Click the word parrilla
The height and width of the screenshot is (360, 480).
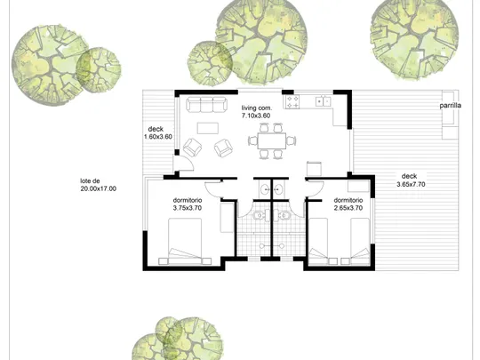click(451, 106)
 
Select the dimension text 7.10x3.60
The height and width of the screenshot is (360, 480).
click(256, 116)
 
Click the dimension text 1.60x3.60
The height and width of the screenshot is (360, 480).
click(158, 137)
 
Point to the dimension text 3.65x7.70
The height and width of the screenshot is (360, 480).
click(411, 184)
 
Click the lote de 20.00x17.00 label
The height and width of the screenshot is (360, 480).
click(99, 185)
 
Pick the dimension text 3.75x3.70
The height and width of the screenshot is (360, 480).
click(188, 208)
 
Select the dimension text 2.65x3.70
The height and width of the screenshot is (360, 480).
click(348, 208)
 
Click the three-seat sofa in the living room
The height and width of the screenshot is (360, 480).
click(207, 104)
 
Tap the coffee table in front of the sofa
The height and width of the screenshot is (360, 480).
click(208, 128)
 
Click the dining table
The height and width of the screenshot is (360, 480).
click(272, 140)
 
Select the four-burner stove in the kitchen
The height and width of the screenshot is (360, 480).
click(292, 101)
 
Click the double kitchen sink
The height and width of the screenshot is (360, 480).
click(324, 100)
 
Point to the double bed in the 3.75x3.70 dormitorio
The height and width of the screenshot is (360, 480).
click(185, 241)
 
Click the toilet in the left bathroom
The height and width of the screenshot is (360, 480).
click(259, 215)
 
